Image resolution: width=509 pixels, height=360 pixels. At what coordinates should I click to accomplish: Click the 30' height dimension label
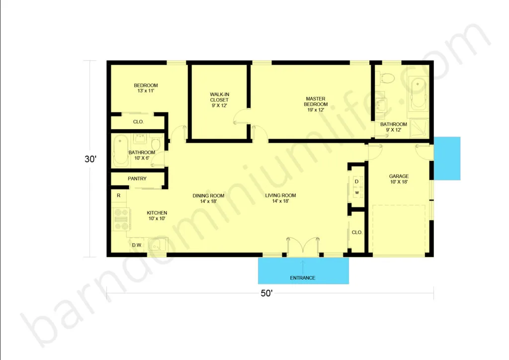coord(90,159)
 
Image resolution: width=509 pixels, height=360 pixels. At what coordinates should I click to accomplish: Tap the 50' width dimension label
coord(266,293)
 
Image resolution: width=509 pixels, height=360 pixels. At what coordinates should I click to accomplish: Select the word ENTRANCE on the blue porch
coord(303,278)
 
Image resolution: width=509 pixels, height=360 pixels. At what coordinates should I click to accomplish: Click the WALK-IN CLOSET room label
coord(219,100)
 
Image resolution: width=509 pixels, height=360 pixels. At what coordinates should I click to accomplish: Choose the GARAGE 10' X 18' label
coord(399,179)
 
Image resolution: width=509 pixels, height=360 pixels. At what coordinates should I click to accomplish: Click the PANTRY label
coord(137,179)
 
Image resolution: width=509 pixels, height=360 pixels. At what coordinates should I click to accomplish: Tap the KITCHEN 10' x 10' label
coord(157,215)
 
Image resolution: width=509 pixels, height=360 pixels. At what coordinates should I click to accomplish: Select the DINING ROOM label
coord(208,198)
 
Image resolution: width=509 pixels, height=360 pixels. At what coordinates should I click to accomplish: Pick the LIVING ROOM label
coord(280,198)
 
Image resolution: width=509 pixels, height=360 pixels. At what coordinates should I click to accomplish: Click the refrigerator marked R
coord(119,195)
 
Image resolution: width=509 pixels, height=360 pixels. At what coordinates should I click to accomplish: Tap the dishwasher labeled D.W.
coord(137,245)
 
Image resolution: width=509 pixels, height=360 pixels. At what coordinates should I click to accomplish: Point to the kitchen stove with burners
coord(121,219)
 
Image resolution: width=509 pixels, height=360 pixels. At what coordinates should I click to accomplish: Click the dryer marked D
coord(356,181)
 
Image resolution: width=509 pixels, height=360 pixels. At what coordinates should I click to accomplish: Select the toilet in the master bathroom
coord(387,78)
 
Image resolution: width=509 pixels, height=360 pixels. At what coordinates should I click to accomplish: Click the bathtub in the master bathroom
coord(418,94)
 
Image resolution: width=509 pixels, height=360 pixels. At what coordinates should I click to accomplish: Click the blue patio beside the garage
coord(447,159)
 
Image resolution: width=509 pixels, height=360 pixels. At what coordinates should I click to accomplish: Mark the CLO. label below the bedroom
coord(138,122)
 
